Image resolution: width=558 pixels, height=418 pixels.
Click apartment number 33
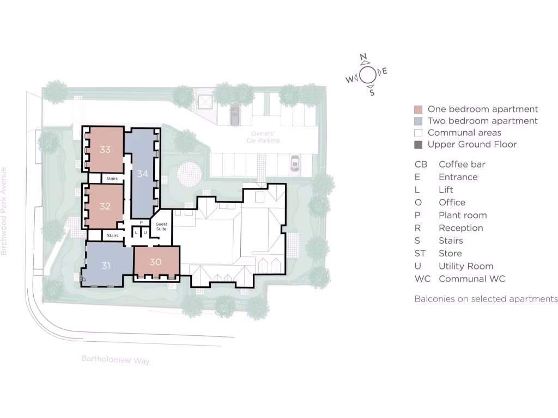[105, 150]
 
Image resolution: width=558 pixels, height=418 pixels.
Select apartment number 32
[105, 207]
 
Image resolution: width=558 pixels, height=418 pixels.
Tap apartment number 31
[106, 266]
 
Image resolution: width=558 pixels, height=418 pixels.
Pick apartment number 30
[155, 262]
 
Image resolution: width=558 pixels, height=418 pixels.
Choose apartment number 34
[143, 174]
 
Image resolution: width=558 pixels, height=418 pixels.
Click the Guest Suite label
[161, 226]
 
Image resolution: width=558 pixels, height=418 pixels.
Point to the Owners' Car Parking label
[265, 137]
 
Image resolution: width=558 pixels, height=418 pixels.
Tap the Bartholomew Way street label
[116, 360]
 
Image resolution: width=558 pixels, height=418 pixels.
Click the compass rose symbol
[367, 75]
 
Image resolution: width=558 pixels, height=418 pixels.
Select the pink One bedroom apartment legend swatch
[418, 109]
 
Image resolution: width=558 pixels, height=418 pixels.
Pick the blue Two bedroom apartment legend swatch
[418, 121]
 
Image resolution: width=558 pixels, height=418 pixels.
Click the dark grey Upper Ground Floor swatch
[418, 145]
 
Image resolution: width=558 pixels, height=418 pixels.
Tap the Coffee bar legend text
[462, 164]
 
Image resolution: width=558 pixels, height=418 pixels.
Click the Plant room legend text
[463, 216]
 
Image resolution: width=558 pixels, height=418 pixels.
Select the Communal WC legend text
[471, 279]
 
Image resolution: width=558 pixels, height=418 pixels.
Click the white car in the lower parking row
[295, 163]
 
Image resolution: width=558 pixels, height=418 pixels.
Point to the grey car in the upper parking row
[235, 114]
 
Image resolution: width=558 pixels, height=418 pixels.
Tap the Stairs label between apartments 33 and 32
[112, 178]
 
